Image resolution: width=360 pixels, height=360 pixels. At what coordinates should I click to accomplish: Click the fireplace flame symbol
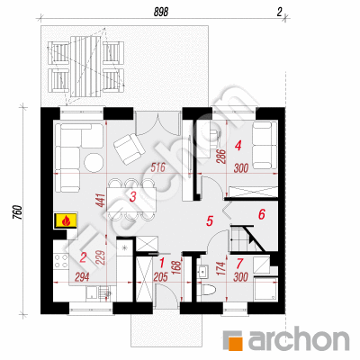tap(66, 221)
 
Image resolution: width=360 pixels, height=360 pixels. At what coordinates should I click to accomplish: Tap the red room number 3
tap(133, 197)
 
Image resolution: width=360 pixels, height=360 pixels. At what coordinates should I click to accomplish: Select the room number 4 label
tap(238, 147)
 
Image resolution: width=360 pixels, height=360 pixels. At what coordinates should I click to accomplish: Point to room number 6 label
tap(262, 214)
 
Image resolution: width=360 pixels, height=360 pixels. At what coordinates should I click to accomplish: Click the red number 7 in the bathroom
tap(239, 264)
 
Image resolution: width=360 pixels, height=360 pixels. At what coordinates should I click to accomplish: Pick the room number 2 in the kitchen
tap(83, 257)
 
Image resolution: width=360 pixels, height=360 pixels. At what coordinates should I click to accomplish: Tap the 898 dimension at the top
tap(161, 12)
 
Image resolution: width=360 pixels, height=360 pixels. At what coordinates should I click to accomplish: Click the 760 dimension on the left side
tap(19, 212)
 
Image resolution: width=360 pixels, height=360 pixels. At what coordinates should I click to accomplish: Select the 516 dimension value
tap(157, 167)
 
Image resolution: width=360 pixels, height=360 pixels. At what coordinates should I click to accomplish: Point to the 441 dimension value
tap(101, 201)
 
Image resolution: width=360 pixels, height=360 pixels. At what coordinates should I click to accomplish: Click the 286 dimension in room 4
tap(220, 156)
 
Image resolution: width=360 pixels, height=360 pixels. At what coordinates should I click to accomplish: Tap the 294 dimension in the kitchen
tap(82, 277)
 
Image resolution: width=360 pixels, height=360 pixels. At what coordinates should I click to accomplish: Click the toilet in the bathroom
tap(208, 291)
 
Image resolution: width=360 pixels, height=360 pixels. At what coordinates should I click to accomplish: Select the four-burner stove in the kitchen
tap(61, 261)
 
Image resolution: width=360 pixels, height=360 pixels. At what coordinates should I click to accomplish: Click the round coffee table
tap(94, 162)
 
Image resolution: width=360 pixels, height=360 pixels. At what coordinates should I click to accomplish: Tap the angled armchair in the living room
tap(129, 148)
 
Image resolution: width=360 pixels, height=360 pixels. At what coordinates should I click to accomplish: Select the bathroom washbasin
tap(203, 272)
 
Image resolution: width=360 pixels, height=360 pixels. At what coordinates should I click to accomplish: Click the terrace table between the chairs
tap(85, 67)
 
